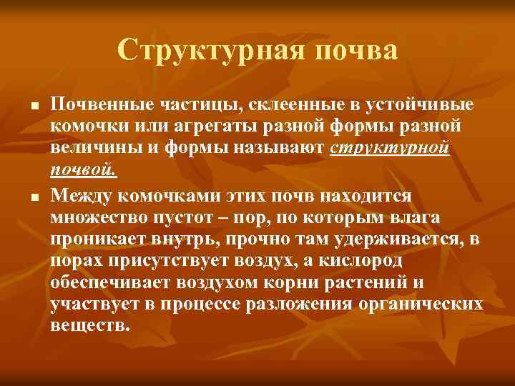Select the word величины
pyautogui.click(x=91, y=149)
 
